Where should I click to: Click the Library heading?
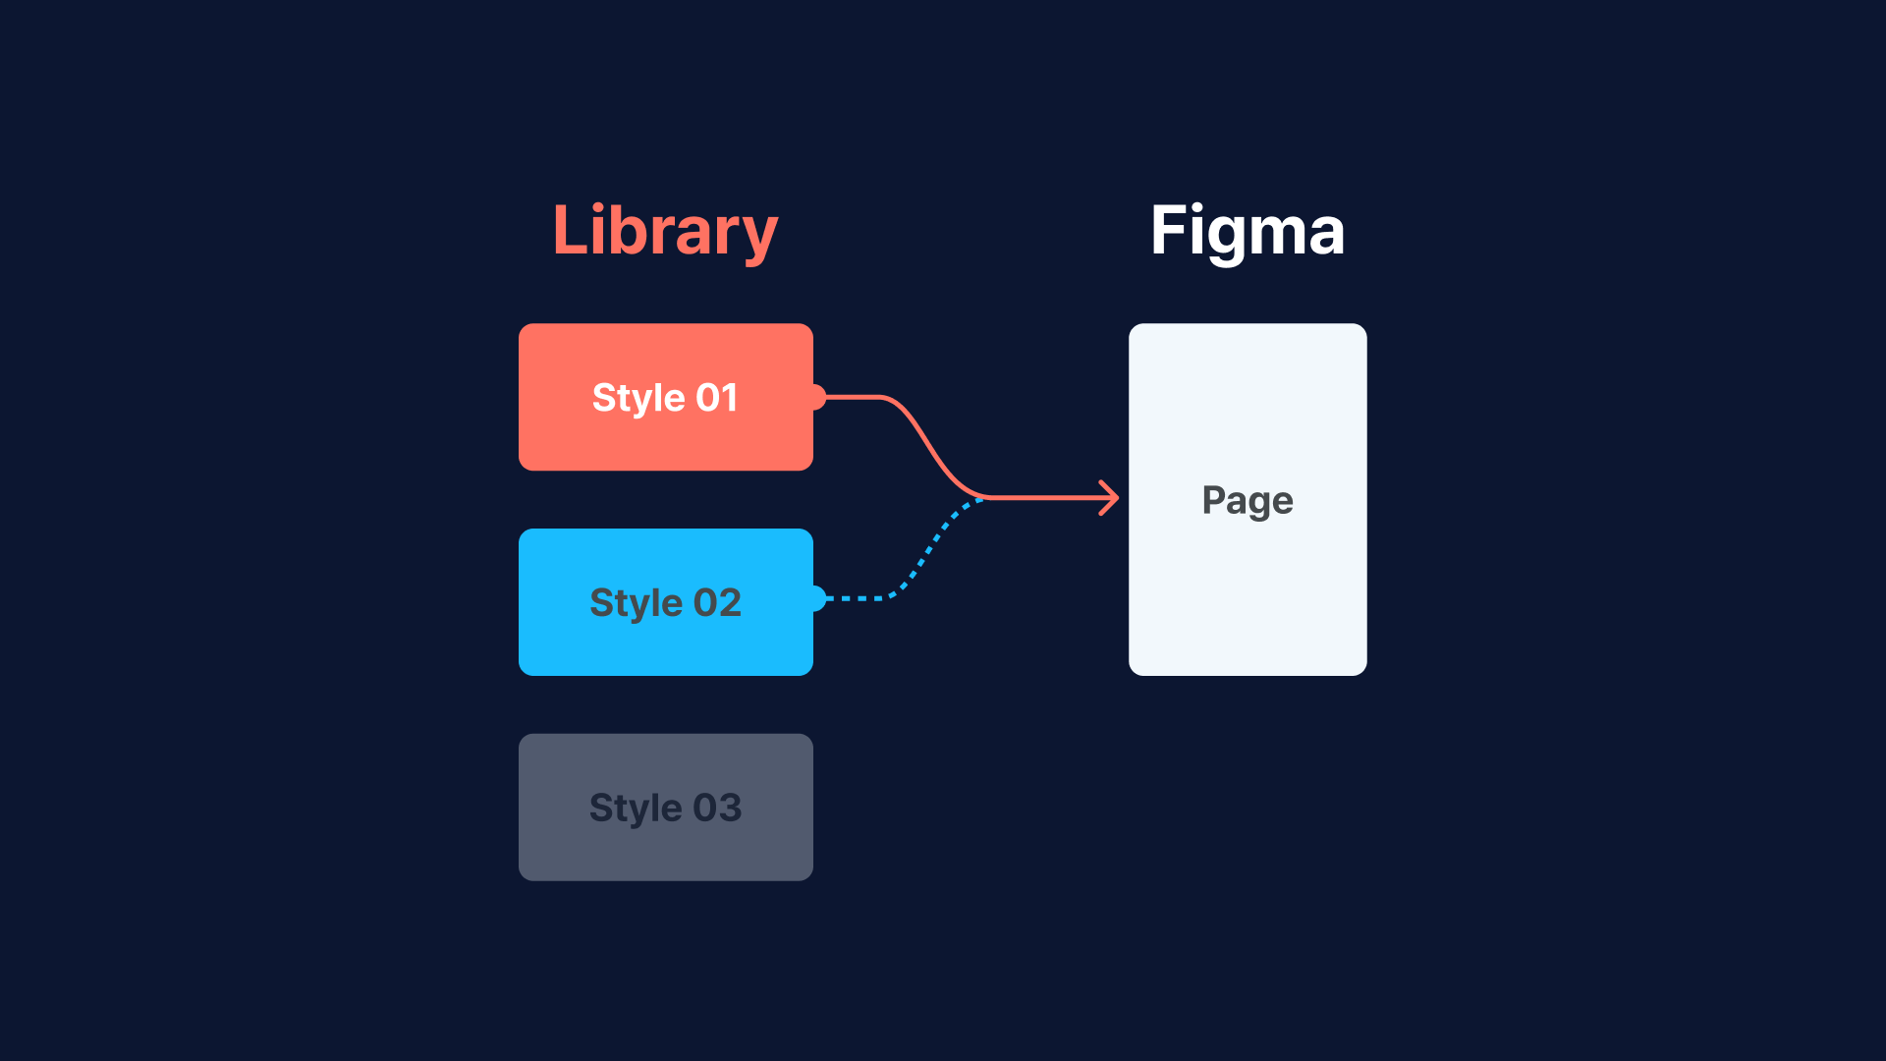(x=665, y=231)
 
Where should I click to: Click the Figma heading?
(x=1247, y=231)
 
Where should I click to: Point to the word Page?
(x=1247, y=500)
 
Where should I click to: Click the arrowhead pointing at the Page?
(x=1111, y=498)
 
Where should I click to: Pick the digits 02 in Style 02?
(x=717, y=602)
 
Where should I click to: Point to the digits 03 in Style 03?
(x=717, y=808)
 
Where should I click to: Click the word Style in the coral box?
(x=638, y=398)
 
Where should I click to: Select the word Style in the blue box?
(x=636, y=602)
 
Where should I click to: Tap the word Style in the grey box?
(x=636, y=808)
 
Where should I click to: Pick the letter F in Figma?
(x=1168, y=231)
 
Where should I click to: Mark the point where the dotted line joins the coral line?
(x=983, y=498)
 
